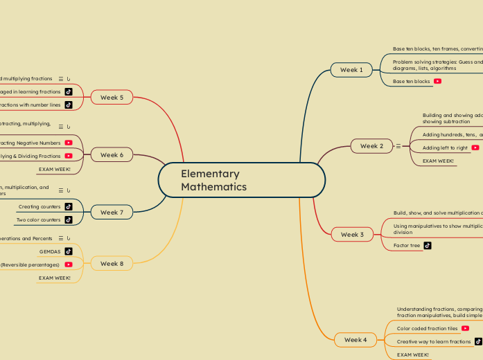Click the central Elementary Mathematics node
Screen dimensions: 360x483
coord(241,181)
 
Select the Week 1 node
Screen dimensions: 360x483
coord(351,70)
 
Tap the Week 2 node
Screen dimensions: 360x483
coord(371,146)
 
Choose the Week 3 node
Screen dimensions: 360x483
coord(352,235)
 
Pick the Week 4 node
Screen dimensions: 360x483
coord(355,340)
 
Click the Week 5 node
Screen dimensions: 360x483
coord(112,98)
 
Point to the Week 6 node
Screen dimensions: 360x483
coord(112,155)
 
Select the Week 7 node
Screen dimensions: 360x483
coord(112,213)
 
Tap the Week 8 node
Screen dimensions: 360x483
coord(112,264)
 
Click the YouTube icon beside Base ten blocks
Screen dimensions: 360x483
coord(438,82)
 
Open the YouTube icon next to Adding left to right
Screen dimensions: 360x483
coord(475,147)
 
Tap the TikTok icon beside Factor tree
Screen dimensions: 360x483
coord(428,245)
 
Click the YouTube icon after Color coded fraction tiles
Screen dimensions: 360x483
coord(465,328)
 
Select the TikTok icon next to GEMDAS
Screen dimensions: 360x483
coord(69,251)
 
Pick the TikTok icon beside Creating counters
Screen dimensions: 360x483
coord(69,206)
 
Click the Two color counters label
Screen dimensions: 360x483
coord(39,220)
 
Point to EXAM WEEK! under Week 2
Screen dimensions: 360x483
coord(438,161)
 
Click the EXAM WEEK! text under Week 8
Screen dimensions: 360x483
coord(55,278)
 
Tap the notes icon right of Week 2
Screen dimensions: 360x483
coord(398,146)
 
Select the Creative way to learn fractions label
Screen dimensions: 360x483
coord(434,341)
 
